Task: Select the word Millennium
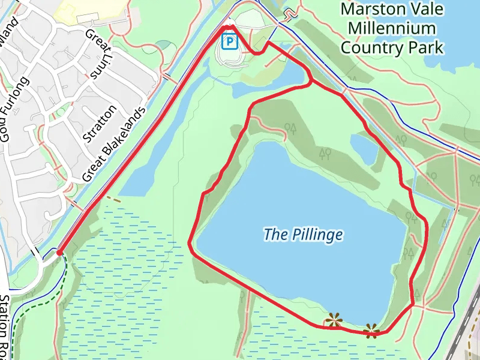pyautogui.click(x=391, y=28)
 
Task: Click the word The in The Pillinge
pyautogui.click(x=275, y=235)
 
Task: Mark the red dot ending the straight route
pyautogui.click(x=59, y=253)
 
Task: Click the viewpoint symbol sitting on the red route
pyautogui.click(x=372, y=330)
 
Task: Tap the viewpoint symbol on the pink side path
pyautogui.click(x=334, y=321)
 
